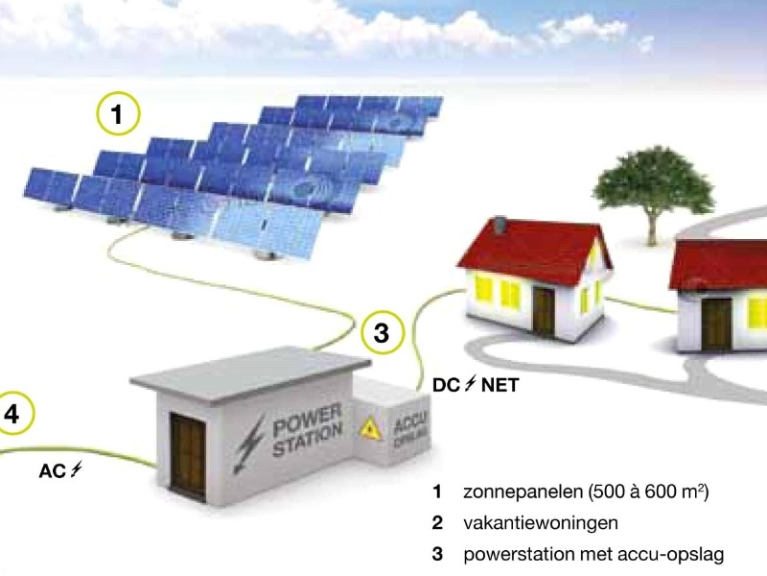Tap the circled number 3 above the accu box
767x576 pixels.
pos(381,334)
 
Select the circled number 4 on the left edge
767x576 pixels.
pos(12,416)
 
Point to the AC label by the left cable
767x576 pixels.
pos(59,471)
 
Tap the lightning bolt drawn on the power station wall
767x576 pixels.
pos(252,441)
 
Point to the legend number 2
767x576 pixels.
pos(437,523)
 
